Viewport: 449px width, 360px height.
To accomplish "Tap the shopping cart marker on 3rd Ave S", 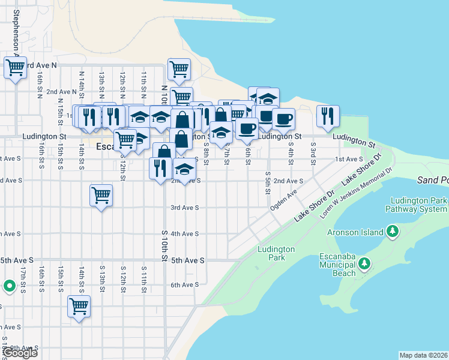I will coord(101,195).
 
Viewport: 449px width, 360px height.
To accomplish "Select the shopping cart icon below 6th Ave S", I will coord(79,306).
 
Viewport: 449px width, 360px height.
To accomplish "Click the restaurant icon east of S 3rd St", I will coord(328,116).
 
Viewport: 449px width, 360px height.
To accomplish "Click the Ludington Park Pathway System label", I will coord(418,205).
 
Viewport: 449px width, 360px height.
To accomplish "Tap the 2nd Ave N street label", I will coord(60,92).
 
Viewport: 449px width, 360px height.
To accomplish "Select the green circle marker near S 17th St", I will coord(9,286).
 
